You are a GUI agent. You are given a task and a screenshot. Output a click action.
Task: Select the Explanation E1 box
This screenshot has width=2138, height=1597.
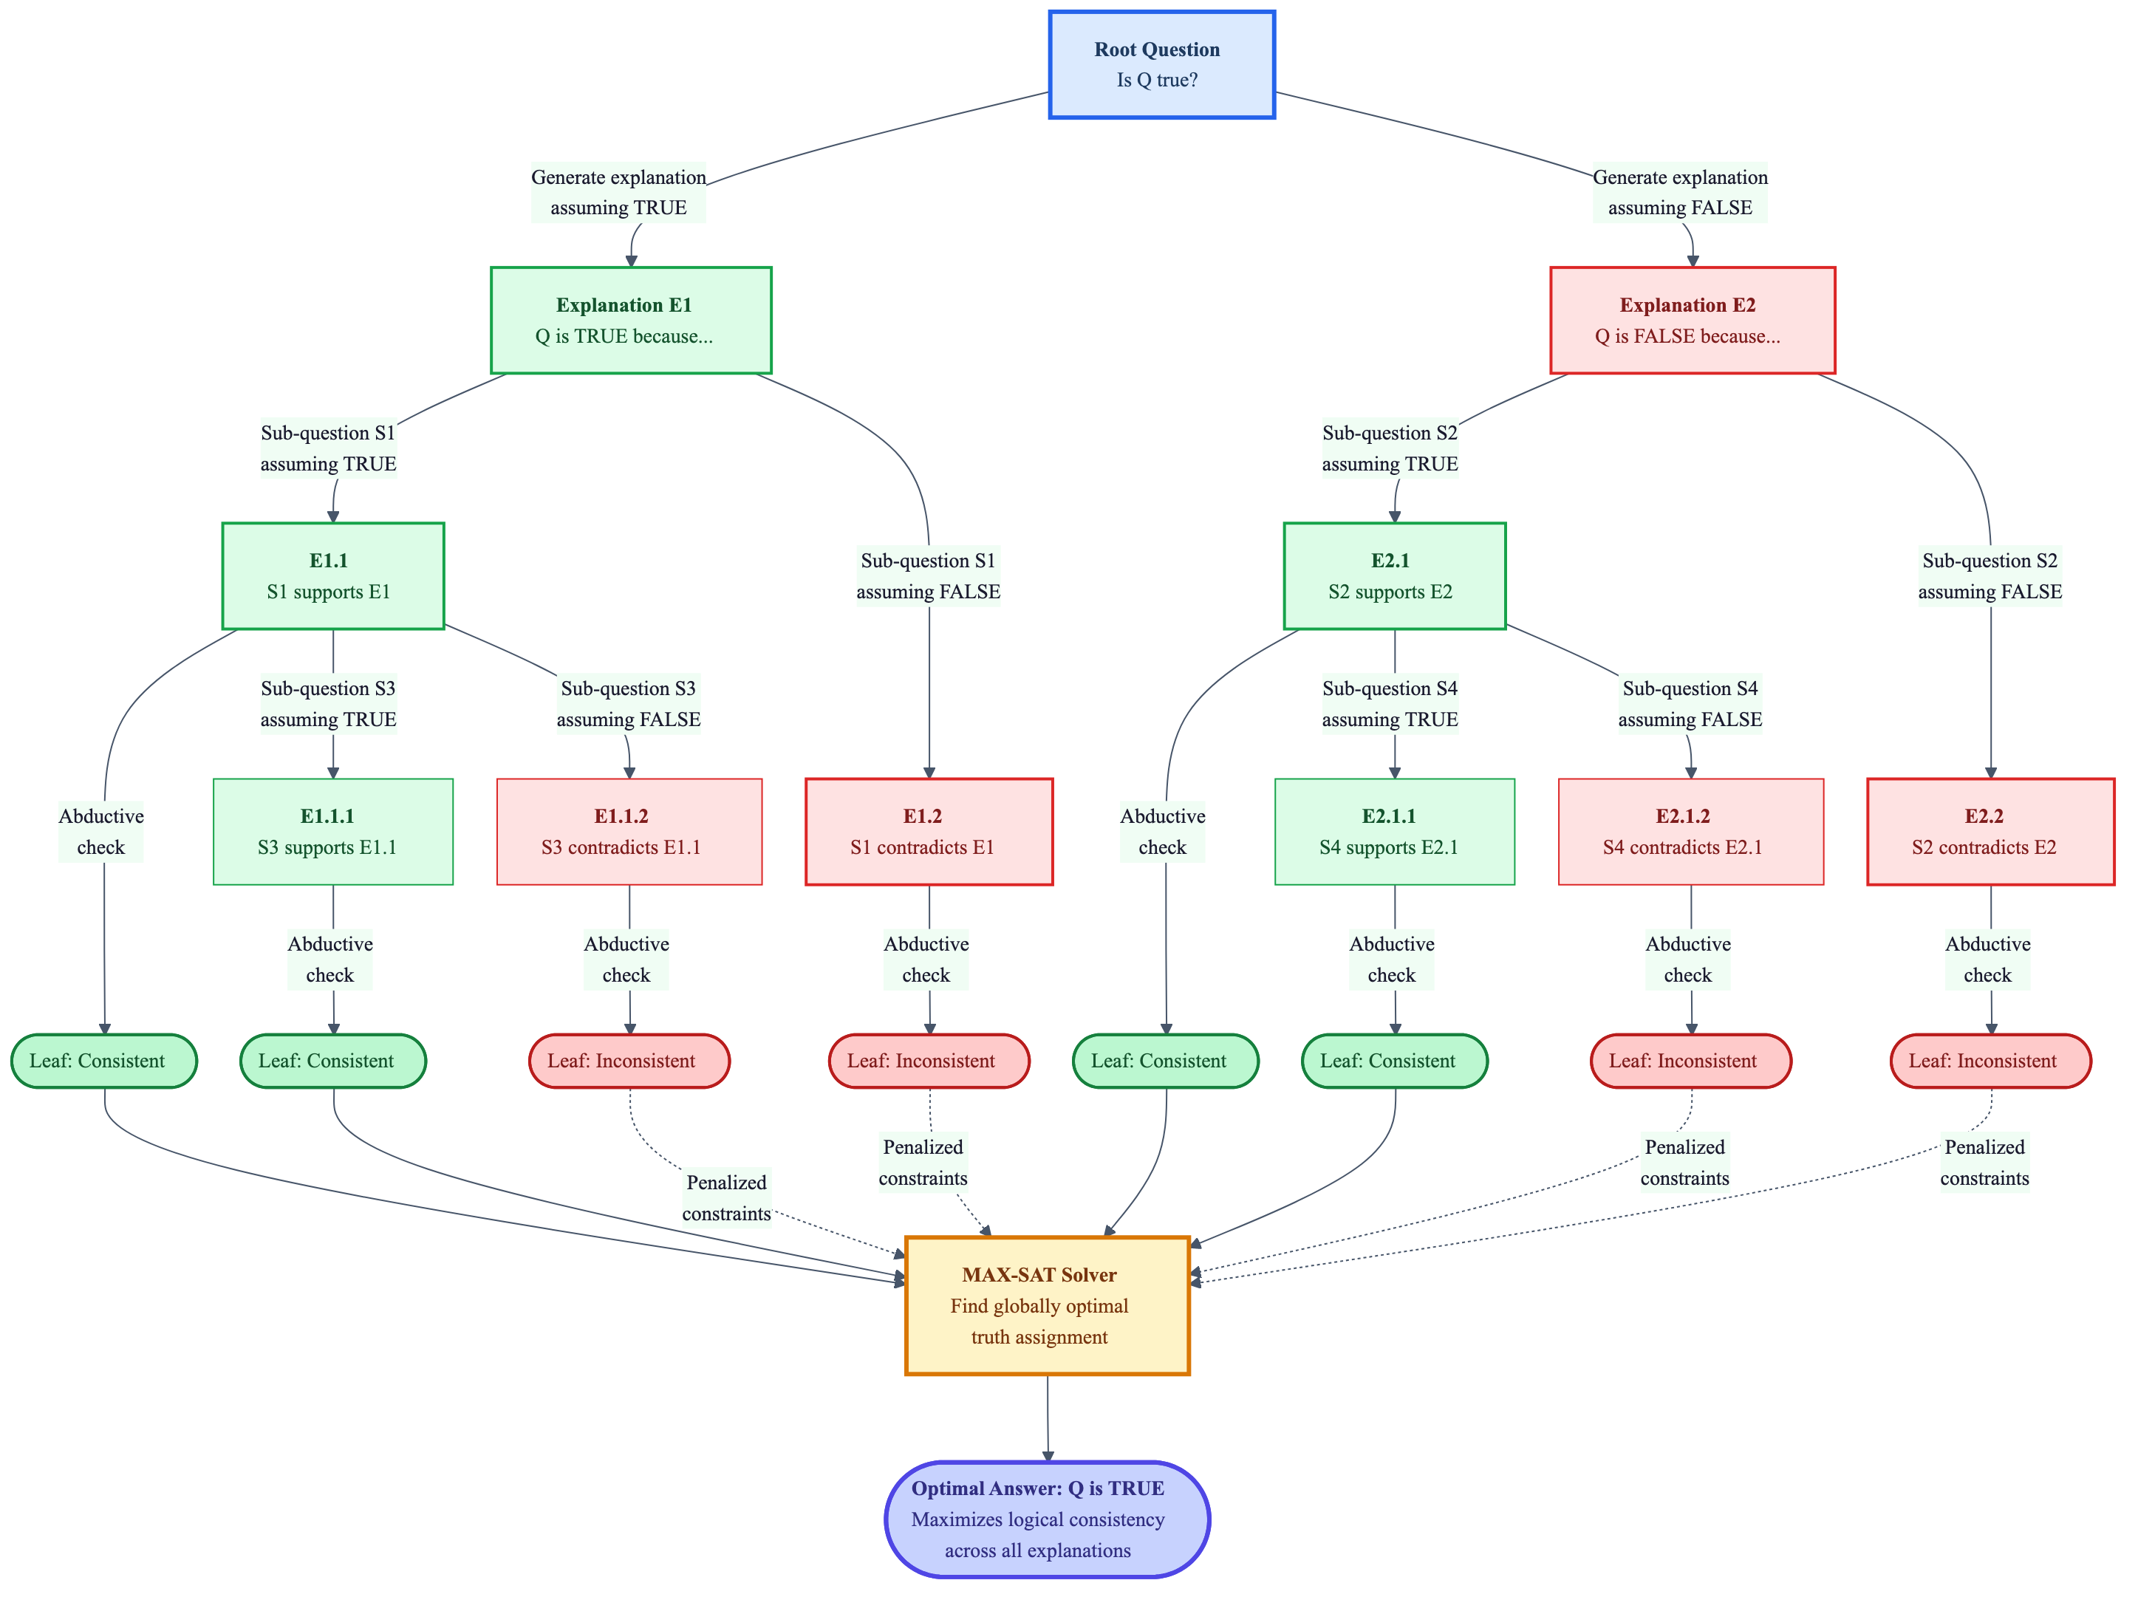630,320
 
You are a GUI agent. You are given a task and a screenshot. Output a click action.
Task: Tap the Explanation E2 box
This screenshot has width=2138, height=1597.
1692,320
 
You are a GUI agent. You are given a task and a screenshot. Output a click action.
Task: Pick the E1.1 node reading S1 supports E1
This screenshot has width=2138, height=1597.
332,576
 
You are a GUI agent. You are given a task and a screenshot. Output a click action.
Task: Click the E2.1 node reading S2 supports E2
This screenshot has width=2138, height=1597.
1394,576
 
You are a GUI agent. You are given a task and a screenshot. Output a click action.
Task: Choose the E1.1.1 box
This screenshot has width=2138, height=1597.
332,831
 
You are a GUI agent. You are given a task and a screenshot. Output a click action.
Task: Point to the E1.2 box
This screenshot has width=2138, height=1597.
928,831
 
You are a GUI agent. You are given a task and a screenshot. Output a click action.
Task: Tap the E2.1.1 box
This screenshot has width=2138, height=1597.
1394,831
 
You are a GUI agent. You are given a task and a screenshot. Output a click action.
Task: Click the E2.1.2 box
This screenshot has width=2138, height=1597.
1690,831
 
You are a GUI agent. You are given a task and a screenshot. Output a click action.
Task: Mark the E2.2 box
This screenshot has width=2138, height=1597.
1990,831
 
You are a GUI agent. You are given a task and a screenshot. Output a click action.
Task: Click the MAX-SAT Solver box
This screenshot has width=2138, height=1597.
1047,1304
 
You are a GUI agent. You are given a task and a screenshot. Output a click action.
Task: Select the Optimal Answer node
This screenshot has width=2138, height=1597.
1047,1519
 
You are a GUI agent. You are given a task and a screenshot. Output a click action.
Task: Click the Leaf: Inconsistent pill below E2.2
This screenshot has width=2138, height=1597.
1990,1061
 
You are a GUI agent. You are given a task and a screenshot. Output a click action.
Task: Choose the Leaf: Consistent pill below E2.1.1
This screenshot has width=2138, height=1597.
1394,1061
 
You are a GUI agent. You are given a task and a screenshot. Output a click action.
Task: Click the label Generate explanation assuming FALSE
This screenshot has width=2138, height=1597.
1679,192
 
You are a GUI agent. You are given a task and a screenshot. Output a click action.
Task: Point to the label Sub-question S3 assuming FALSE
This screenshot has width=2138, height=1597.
628,703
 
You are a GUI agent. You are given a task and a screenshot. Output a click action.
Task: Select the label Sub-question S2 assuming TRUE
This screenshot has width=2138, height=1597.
1389,448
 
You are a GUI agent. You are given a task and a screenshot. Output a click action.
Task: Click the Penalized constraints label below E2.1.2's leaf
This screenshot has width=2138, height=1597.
1684,1162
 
